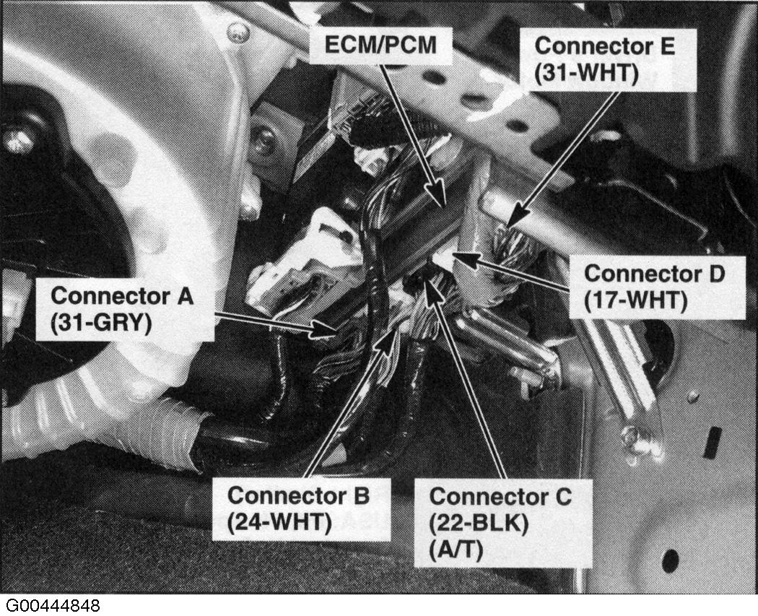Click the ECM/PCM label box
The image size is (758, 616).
pos(380,45)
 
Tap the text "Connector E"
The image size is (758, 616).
pos(604,46)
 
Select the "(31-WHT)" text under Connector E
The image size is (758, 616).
pos(586,73)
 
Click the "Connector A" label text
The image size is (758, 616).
pos(122,295)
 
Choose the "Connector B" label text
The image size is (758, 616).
pos(298,495)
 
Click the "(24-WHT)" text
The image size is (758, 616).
pos(279,522)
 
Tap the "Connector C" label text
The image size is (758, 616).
pos(500,496)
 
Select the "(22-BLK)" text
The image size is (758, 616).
pos(479,523)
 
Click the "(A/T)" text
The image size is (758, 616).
pos(456,550)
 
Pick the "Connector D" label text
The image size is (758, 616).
pos(655,273)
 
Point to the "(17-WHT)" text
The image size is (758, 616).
pos(636,300)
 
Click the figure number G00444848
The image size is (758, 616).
pos(53,605)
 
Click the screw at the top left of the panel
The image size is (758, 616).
pos(238,33)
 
